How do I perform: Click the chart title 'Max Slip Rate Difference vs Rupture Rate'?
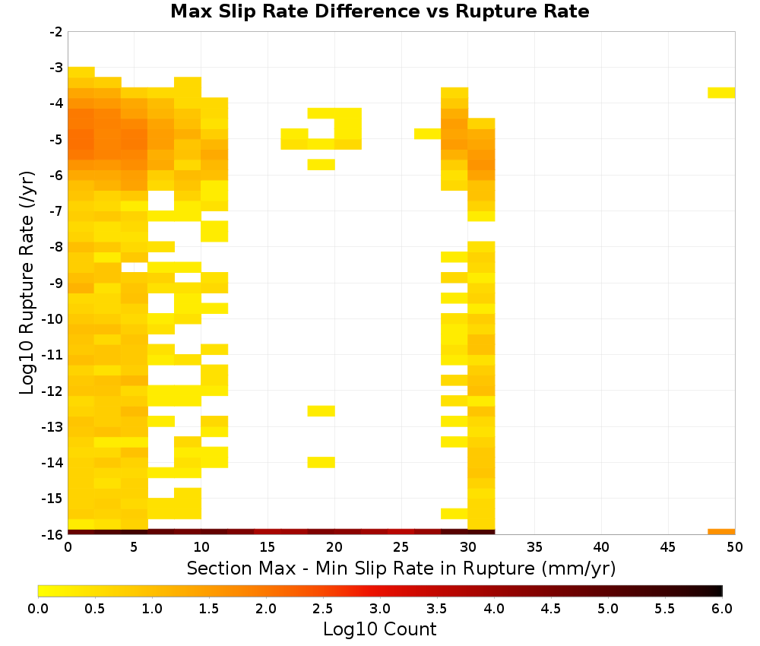379,11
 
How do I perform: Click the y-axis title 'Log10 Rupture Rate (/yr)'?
27,283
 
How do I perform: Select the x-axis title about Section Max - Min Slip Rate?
401,568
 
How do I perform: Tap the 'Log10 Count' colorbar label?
379,629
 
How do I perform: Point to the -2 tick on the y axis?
56,32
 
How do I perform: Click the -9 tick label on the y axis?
56,283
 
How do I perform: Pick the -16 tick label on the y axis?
52,534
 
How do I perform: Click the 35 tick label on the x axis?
534,547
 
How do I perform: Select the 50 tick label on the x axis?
735,547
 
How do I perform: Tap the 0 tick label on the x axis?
68,547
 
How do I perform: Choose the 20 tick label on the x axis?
334,547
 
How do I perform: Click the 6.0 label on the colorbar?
722,609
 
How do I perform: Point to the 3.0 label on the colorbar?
380,609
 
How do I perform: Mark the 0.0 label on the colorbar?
38,609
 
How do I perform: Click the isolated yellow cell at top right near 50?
721,93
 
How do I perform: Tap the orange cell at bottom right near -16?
721,532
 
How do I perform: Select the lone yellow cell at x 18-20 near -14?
321,462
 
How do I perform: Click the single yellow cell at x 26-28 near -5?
427,134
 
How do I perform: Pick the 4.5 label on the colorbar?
550,609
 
